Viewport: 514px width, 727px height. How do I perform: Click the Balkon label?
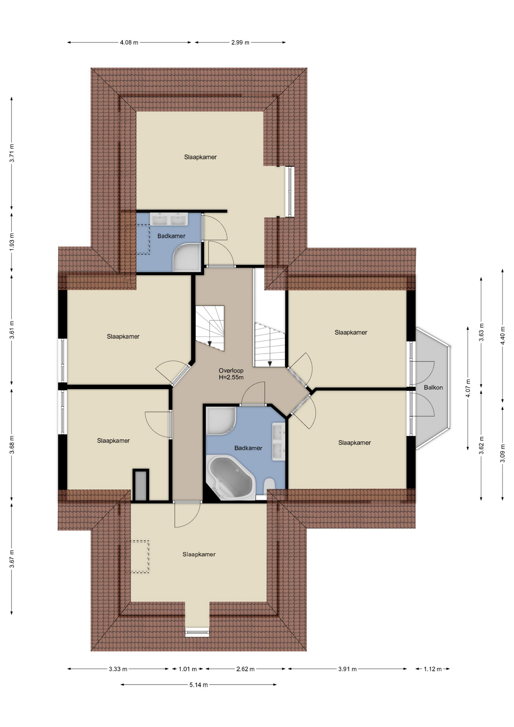[x=433, y=387]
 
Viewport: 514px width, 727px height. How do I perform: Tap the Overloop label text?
[x=231, y=371]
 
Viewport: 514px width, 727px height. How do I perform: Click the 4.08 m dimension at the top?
[x=129, y=42]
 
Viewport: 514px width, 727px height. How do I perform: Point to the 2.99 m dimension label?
[x=240, y=42]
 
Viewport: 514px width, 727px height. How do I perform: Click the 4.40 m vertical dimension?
[x=503, y=335]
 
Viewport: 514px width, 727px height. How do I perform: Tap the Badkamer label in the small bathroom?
[x=171, y=236]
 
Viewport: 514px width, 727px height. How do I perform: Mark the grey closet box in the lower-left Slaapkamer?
[x=140, y=485]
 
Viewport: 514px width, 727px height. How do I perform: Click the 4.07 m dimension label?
[x=468, y=388]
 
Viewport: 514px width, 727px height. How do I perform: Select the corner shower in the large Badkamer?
[x=221, y=421]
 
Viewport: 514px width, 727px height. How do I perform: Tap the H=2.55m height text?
[x=231, y=378]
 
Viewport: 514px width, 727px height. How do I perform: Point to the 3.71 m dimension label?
[x=12, y=153]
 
